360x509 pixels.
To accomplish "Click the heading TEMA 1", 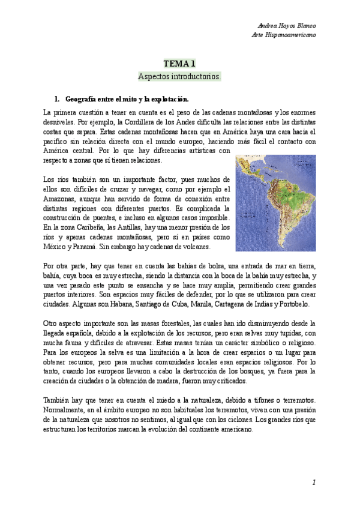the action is pyautogui.click(x=179, y=63).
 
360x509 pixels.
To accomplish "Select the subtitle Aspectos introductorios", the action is pyautogui.click(x=179, y=77).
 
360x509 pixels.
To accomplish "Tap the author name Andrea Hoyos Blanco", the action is pyautogui.click(x=286, y=26).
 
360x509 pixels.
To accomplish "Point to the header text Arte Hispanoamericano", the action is pyautogui.click(x=284, y=35).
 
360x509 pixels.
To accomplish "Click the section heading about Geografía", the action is pyautogui.click(x=127, y=98).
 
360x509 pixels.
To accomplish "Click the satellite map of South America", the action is pyautogui.click(x=275, y=203).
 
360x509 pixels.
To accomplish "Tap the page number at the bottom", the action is pyautogui.click(x=313, y=483).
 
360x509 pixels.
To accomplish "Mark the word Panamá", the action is pyautogui.click(x=91, y=247).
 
